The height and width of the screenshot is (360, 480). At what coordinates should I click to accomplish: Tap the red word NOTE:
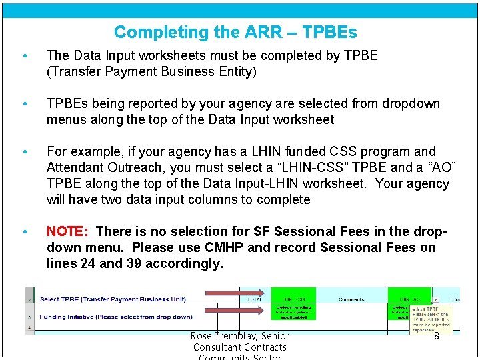coord(67,231)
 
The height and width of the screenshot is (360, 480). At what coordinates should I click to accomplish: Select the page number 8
coord(436,337)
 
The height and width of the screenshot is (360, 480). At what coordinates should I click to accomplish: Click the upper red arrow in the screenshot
coord(234,293)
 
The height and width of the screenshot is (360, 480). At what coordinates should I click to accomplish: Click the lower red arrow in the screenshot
coord(234,311)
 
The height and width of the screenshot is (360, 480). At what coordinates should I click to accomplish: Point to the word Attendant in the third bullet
coord(75,167)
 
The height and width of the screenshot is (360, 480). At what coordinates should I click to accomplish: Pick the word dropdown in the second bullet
coord(407,103)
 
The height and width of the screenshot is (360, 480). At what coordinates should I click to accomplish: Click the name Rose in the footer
coord(201,337)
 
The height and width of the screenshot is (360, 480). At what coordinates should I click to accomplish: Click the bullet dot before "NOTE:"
coord(24,232)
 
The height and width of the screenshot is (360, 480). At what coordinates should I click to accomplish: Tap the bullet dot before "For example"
coord(24,152)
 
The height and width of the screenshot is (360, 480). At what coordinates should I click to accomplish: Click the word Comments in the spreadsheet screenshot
coord(351,299)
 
